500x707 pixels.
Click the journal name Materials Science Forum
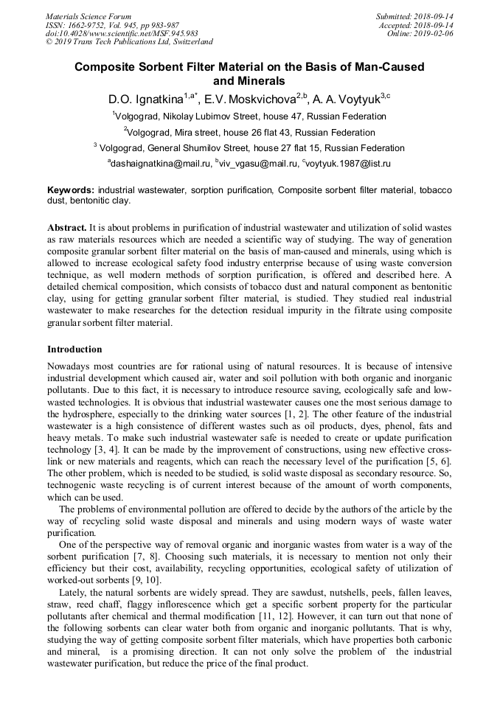click(x=88, y=15)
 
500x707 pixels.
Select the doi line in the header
click(x=122, y=33)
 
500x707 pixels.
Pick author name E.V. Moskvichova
click(x=245, y=99)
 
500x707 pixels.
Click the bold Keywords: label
click(x=71, y=190)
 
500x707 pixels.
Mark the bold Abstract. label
click(x=66, y=228)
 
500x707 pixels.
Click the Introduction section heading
click(x=74, y=349)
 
